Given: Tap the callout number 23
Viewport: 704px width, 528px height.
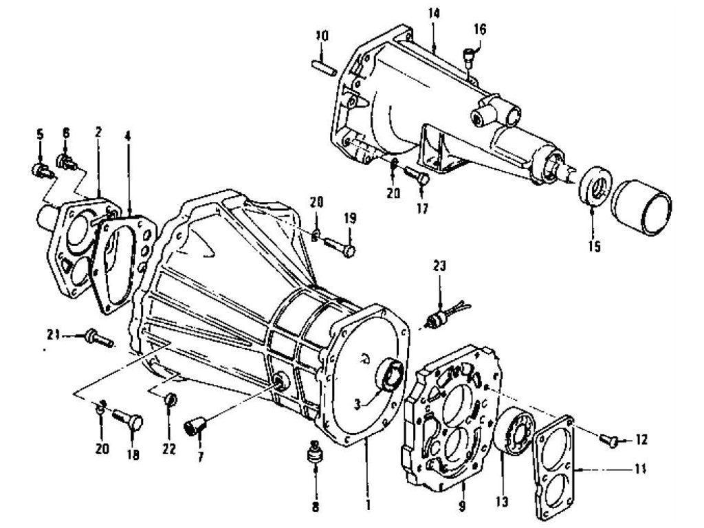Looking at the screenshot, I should click(x=439, y=266).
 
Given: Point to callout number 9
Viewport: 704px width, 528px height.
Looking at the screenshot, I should click(x=463, y=505).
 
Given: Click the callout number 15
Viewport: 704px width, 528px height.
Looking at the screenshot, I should click(x=593, y=245).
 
